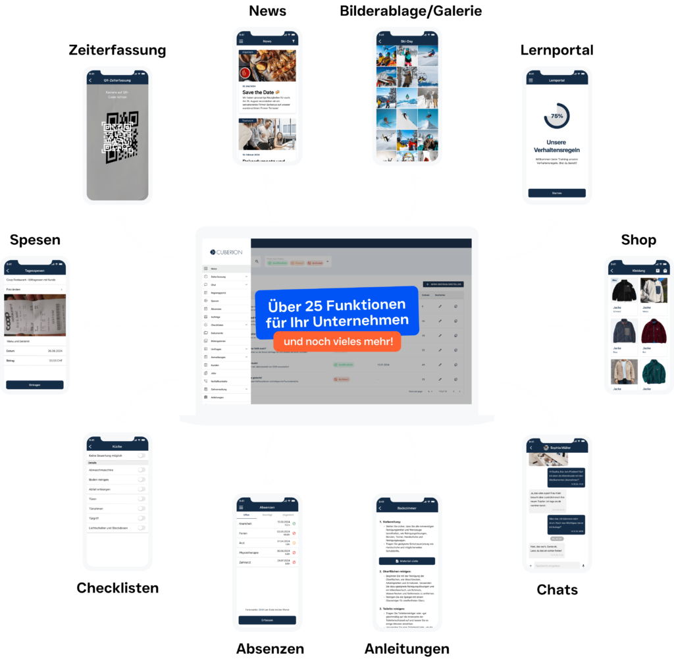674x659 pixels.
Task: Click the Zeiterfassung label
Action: pyautogui.click(x=117, y=49)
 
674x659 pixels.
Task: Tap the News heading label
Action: pyautogui.click(x=267, y=11)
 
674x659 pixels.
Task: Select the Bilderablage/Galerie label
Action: pyautogui.click(x=410, y=11)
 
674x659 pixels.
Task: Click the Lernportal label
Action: pyautogui.click(x=557, y=49)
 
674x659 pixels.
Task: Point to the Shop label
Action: pyautogui.click(x=638, y=239)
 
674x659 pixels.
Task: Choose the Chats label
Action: pyautogui.click(x=557, y=589)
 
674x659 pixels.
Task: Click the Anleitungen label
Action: pyautogui.click(x=407, y=648)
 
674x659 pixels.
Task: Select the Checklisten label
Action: pyautogui.click(x=117, y=588)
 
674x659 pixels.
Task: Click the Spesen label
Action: pyautogui.click(x=35, y=239)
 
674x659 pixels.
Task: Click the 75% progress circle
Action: pyautogui.click(x=557, y=116)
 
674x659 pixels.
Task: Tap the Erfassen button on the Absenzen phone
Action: pyautogui.click(x=267, y=620)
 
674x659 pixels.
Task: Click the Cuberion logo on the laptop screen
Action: pyautogui.click(x=226, y=252)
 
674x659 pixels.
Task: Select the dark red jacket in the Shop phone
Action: pyautogui.click(x=654, y=331)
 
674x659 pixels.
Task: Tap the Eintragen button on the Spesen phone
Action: pyautogui.click(x=35, y=384)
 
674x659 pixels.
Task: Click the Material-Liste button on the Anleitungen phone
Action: pyautogui.click(x=407, y=560)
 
